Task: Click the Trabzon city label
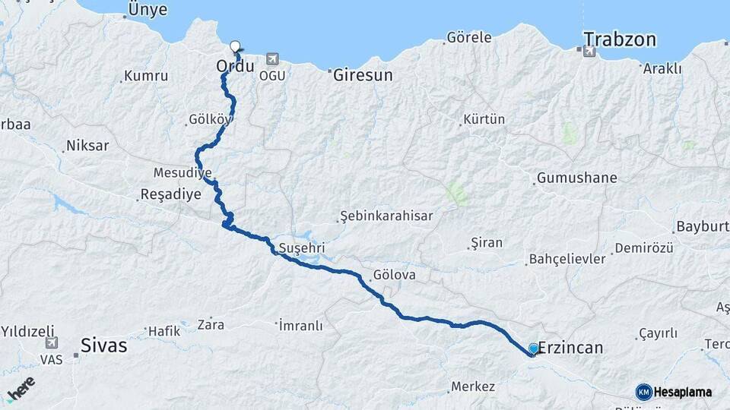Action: pyautogui.click(x=620, y=39)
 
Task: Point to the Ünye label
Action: pyautogui.click(x=148, y=10)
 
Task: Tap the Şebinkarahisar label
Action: pyautogui.click(x=387, y=216)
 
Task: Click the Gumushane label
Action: pyautogui.click(x=576, y=178)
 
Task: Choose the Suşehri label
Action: pyautogui.click(x=302, y=248)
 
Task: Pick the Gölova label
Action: pyautogui.click(x=395, y=275)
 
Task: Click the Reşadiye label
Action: pyautogui.click(x=171, y=194)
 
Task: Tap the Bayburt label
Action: pyautogui.click(x=701, y=227)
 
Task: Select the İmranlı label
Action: pyautogui.click(x=301, y=326)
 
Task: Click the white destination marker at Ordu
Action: pyautogui.click(x=235, y=46)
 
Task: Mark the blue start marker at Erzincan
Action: pyautogui.click(x=534, y=348)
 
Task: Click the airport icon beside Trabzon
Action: pyautogui.click(x=588, y=52)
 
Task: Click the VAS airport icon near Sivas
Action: pyautogui.click(x=51, y=342)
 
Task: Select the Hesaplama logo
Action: pyautogui.click(x=674, y=392)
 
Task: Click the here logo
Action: pyautogui.click(x=21, y=389)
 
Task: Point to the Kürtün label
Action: pyautogui.click(x=484, y=120)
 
